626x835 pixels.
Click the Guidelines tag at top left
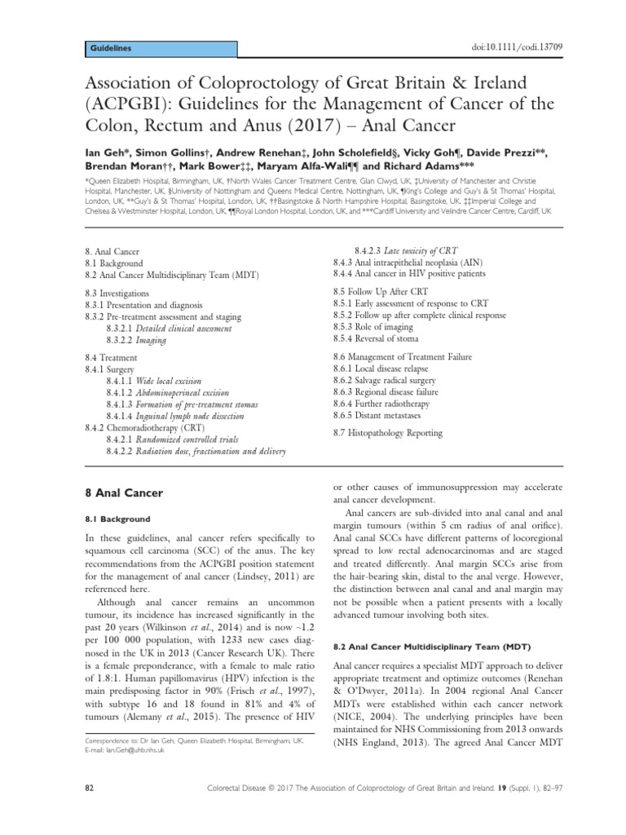point(109,49)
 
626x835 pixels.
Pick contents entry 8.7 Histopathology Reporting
point(388,433)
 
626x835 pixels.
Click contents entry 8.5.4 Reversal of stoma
point(377,338)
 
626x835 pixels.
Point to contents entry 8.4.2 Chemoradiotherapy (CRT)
point(145,427)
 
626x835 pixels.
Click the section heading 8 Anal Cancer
point(124,493)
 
